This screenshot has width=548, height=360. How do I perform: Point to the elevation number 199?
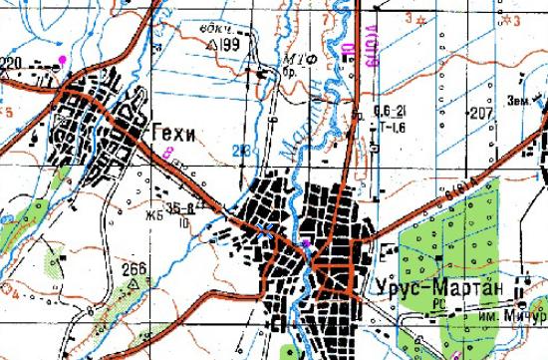click(232, 46)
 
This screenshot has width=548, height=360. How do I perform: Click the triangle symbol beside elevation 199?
click(210, 46)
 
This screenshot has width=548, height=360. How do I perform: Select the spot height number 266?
click(135, 268)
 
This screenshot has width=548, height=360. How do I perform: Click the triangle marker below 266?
click(134, 282)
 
